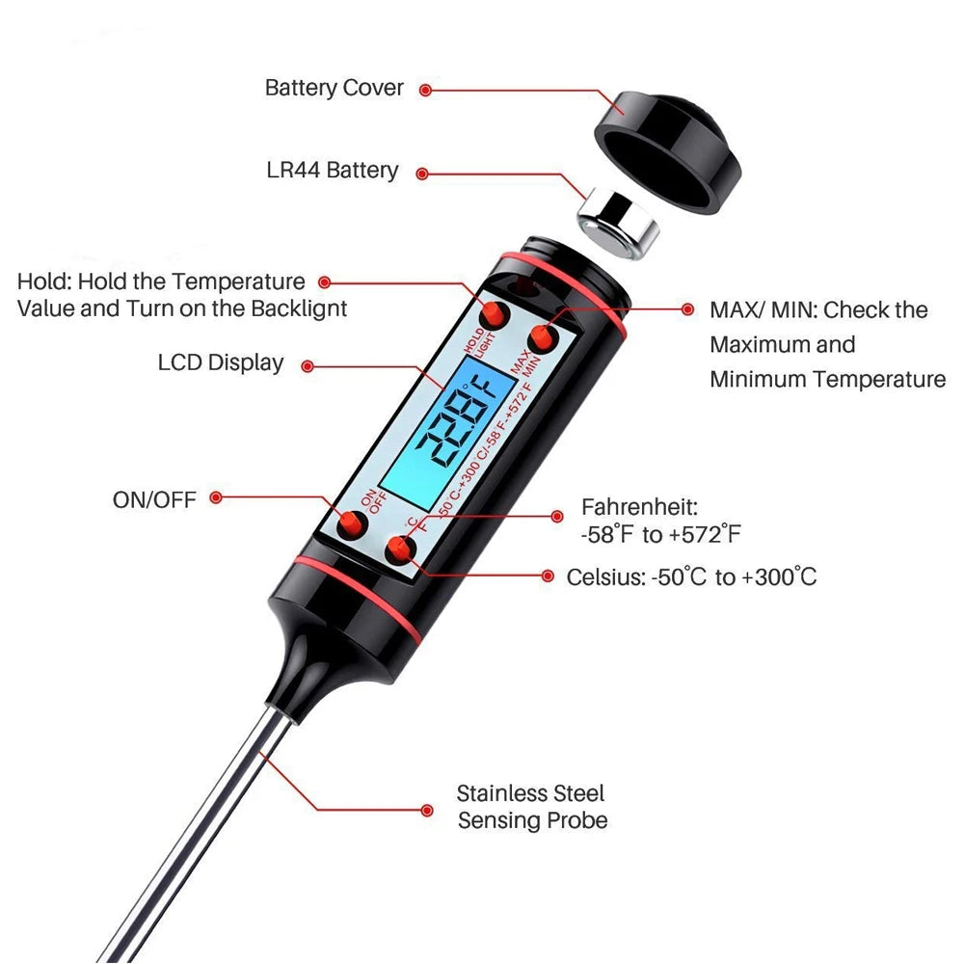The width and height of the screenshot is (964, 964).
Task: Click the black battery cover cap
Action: (x=667, y=152)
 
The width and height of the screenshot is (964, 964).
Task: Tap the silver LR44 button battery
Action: (x=617, y=225)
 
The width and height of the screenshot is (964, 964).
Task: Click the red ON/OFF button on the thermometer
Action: (x=352, y=525)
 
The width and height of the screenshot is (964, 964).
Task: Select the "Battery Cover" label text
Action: (x=334, y=88)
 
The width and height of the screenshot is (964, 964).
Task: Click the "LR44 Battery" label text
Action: (x=332, y=171)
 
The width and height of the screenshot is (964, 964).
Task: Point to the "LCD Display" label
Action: (x=220, y=362)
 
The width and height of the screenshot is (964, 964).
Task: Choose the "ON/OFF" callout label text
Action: (x=154, y=499)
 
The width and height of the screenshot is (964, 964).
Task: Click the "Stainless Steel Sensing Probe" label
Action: (x=532, y=807)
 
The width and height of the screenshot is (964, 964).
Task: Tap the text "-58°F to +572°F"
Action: (x=661, y=534)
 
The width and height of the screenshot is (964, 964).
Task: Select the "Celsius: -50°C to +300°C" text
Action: (x=691, y=577)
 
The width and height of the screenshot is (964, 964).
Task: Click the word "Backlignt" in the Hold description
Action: (x=300, y=308)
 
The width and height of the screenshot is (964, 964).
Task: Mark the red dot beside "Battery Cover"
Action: (x=425, y=91)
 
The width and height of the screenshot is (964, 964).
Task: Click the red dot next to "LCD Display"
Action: (x=308, y=366)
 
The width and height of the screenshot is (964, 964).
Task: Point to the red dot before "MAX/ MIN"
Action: (x=688, y=309)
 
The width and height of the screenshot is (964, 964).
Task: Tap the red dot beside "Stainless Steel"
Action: (x=427, y=811)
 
